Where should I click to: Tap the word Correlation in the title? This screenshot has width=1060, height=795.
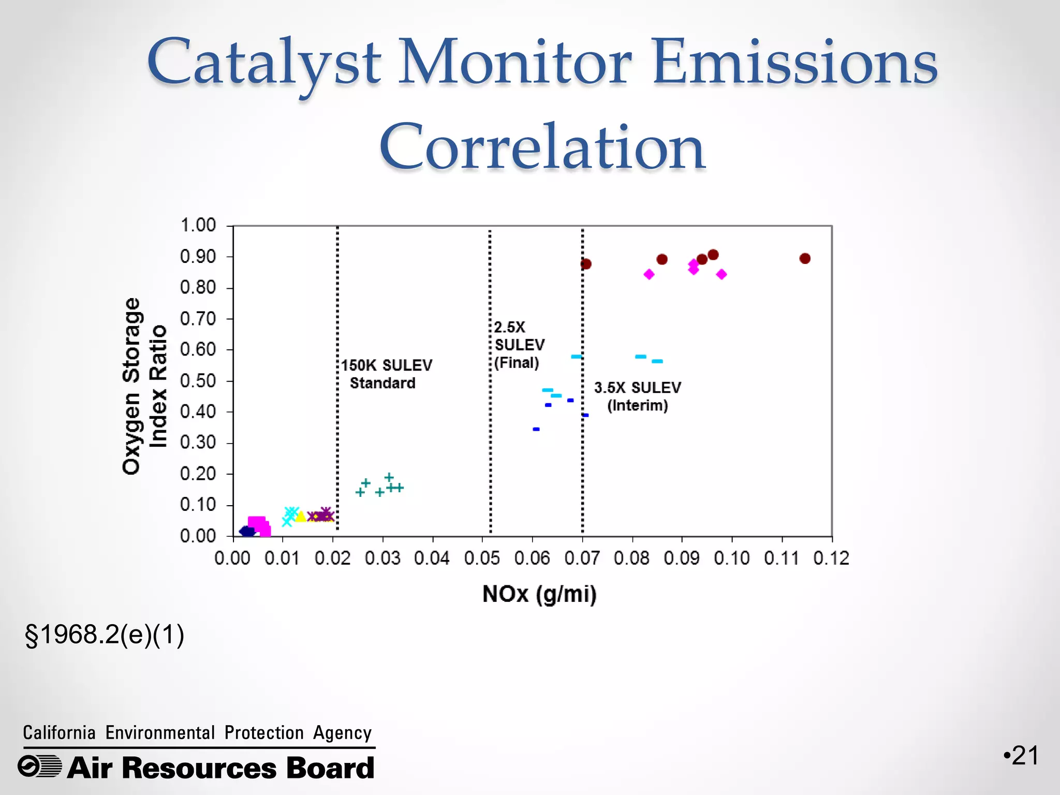click(x=542, y=148)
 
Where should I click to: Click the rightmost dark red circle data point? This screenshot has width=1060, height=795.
click(x=804, y=258)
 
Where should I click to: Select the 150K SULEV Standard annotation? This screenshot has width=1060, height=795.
click(x=386, y=374)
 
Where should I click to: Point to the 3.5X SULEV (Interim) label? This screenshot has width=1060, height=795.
click(x=637, y=396)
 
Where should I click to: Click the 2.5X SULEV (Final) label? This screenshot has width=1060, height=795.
click(x=519, y=345)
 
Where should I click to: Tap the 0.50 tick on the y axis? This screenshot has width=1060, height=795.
click(x=198, y=381)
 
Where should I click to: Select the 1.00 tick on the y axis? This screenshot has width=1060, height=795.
click(x=198, y=226)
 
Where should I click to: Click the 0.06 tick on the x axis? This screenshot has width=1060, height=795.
click(x=532, y=558)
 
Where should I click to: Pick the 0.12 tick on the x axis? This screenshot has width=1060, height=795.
click(x=831, y=558)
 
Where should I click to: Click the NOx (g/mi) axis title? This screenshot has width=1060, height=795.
click(x=539, y=594)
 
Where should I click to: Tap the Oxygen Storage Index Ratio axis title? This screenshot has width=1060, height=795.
click(x=144, y=386)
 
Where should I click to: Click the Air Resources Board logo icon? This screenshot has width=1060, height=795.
click(x=39, y=767)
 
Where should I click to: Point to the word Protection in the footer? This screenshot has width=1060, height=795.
click(x=264, y=733)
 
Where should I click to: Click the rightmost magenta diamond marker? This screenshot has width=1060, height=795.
click(x=722, y=274)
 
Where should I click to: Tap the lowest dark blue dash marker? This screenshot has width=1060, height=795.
click(x=536, y=429)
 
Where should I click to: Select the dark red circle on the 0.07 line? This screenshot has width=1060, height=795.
click(x=585, y=264)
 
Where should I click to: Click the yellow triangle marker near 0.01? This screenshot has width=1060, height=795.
click(x=300, y=516)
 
